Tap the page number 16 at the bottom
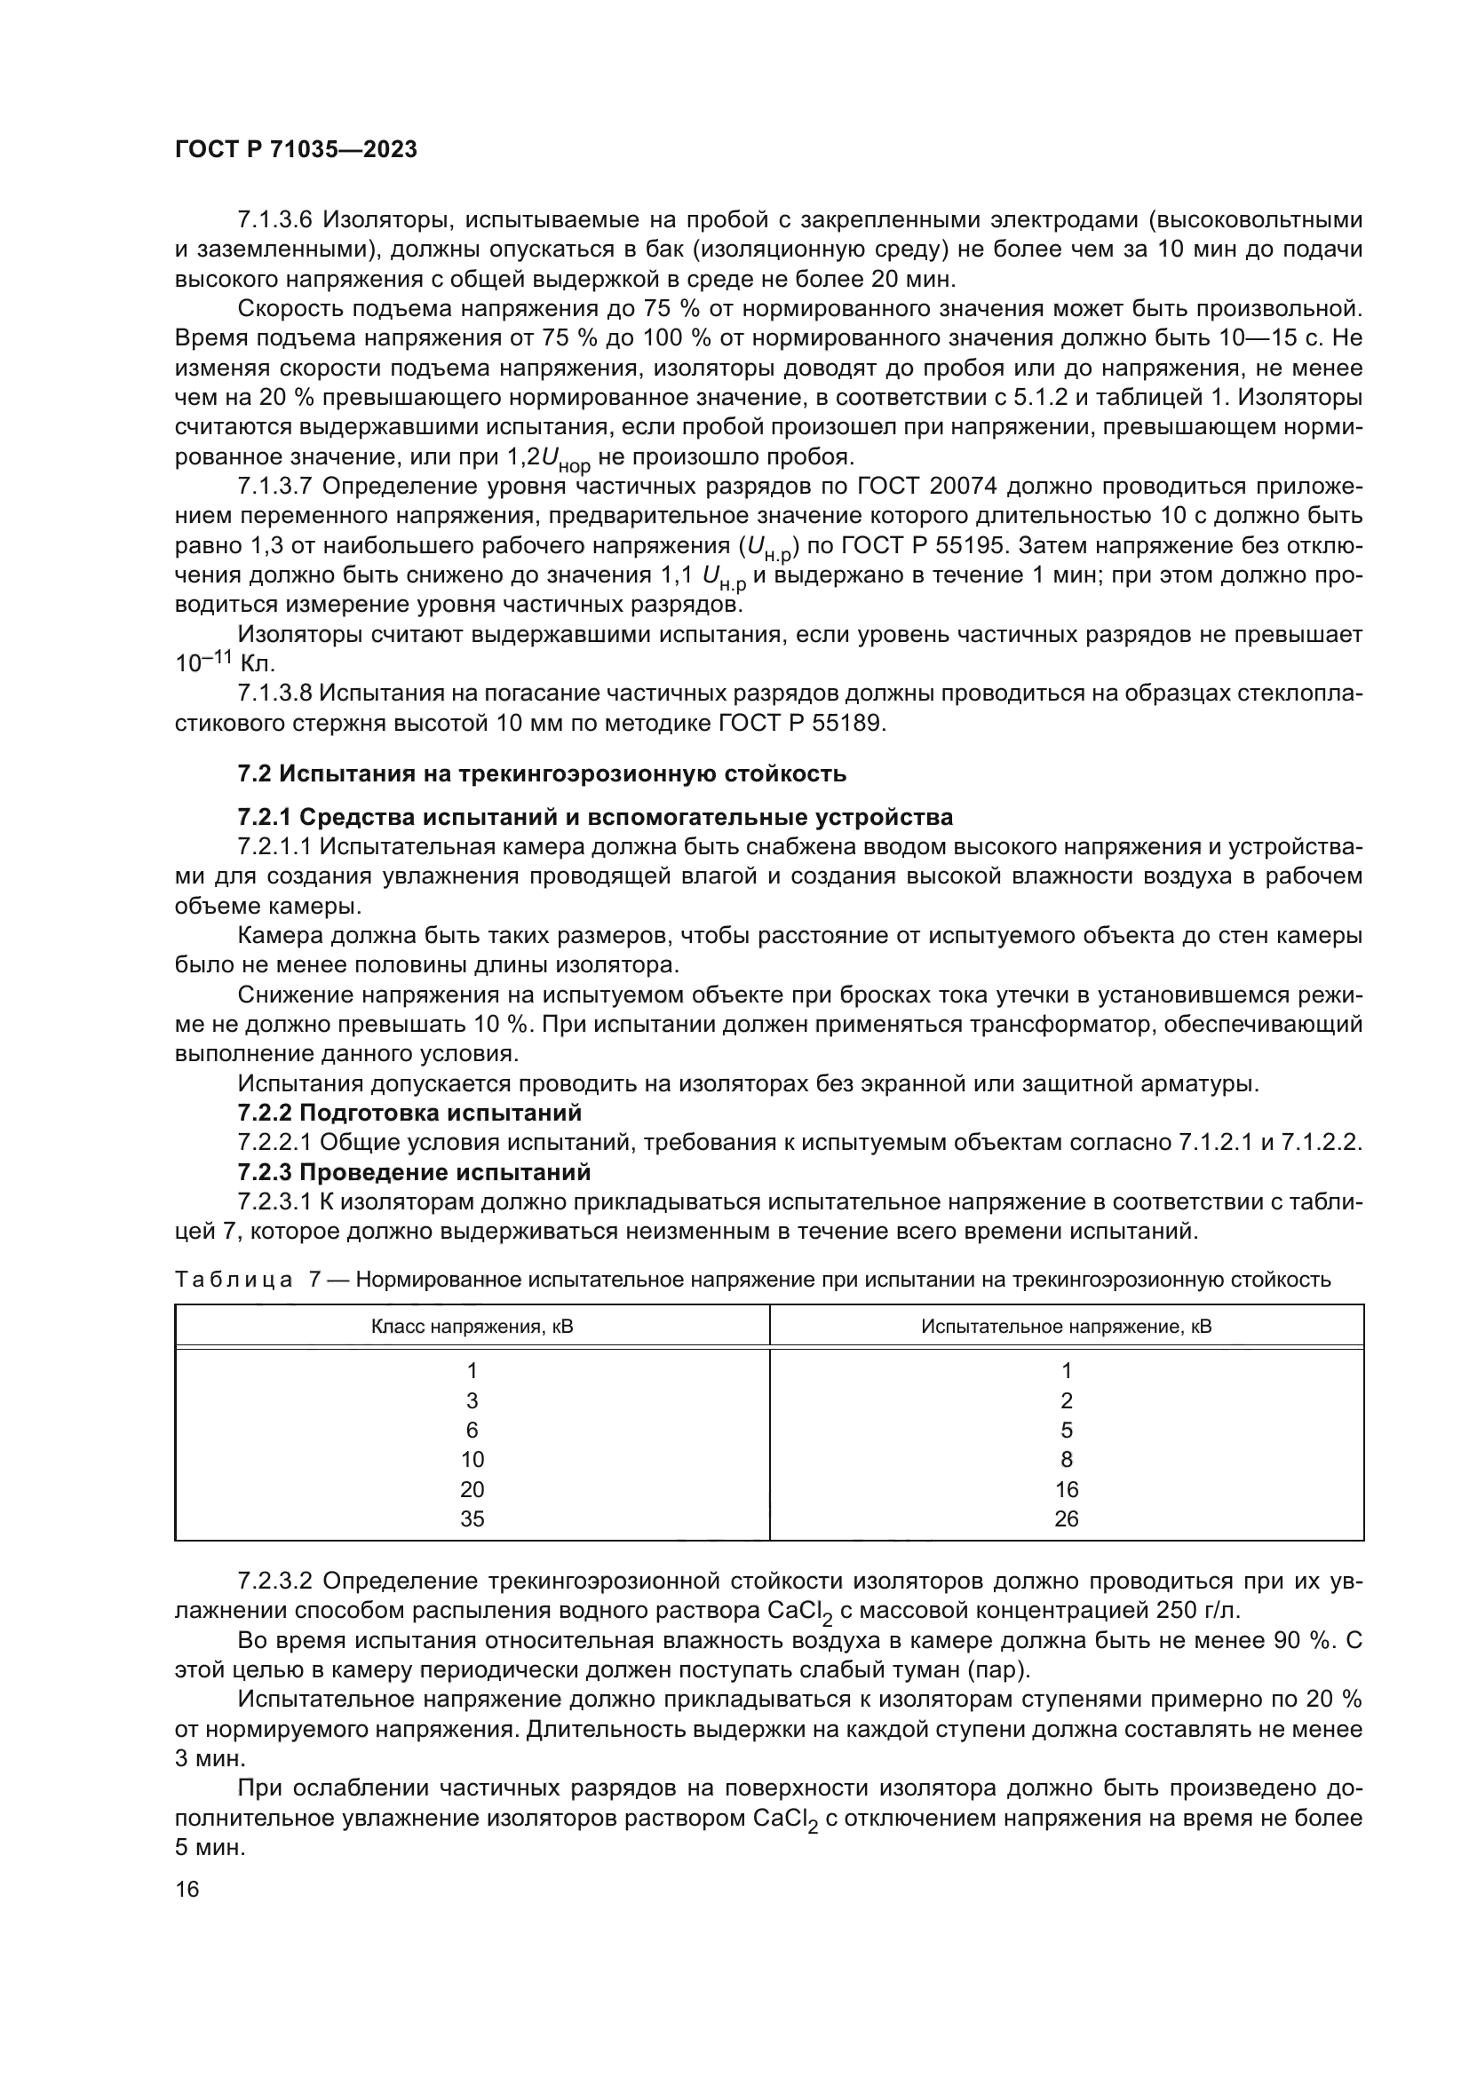pyautogui.click(x=187, y=1890)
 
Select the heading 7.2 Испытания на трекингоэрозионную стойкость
pyautogui.click(x=542, y=773)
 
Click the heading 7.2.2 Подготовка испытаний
pyautogui.click(x=409, y=1113)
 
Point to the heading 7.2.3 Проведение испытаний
pyautogui.click(x=414, y=1172)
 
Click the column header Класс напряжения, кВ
pyautogui.click(x=472, y=1327)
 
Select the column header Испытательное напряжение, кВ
pyautogui.click(x=1067, y=1327)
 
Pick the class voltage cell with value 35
pyautogui.click(x=472, y=1518)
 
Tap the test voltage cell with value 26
pyautogui.click(x=1067, y=1518)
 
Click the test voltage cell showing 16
pyautogui.click(x=1067, y=1489)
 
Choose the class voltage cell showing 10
pyautogui.click(x=472, y=1459)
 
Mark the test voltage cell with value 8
pyautogui.click(x=1067, y=1459)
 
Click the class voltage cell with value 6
pyautogui.click(x=472, y=1430)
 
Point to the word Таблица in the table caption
pyautogui.click(x=234, y=1279)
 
